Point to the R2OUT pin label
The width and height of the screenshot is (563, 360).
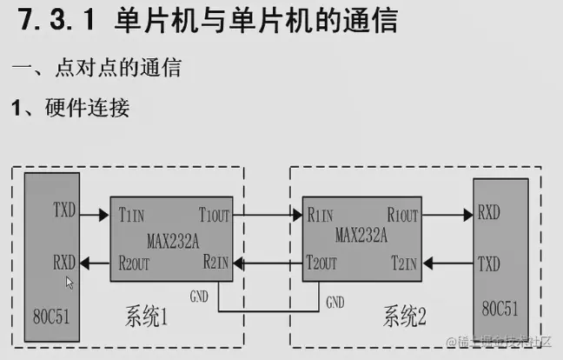coord(136,261)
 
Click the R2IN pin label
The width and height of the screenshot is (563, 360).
coord(215,261)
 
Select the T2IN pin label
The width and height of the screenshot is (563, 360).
coord(404,261)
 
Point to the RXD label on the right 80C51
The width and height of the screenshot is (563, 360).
coord(487,213)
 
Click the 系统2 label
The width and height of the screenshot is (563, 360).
coord(404,318)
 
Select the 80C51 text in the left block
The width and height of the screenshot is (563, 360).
coord(49,310)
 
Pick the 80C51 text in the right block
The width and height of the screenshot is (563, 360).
coord(499,309)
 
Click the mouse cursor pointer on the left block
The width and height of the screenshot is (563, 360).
coord(70,282)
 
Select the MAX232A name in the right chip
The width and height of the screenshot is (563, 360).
coord(360,236)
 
